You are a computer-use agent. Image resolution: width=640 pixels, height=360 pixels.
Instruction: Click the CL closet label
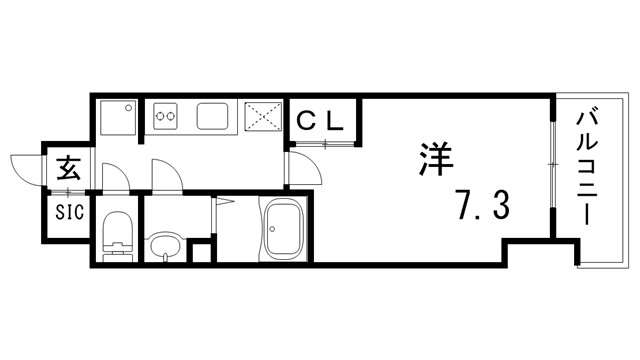[321, 121]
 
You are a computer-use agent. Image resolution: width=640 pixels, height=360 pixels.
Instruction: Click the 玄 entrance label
[67, 167]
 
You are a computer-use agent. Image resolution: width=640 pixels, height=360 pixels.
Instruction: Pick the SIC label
[68, 212]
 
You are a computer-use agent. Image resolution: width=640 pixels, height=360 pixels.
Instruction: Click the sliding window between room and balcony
[553, 165]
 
